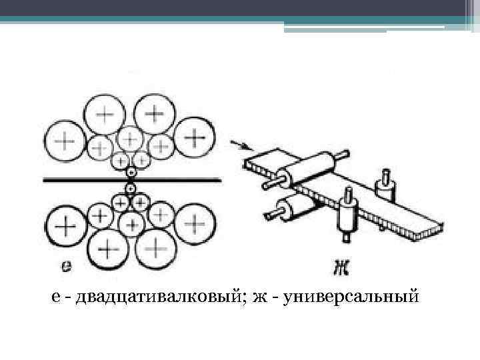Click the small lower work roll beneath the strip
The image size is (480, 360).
[x=131, y=189]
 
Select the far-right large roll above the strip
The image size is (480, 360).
[x=194, y=138]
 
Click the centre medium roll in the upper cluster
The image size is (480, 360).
[x=130, y=140]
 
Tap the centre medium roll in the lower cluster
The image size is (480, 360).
[x=132, y=222]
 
